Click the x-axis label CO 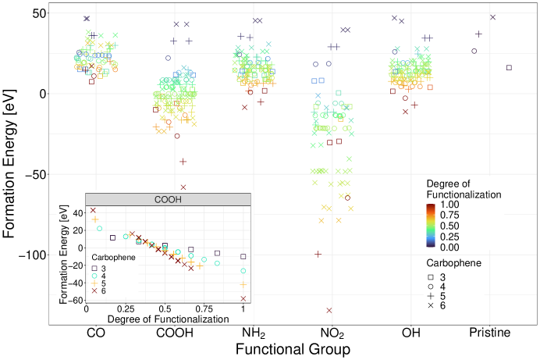[x=97, y=333]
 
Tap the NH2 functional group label [x=254, y=333]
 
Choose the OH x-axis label [x=411, y=333]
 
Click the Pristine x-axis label [x=490, y=333]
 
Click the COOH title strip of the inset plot [x=168, y=199]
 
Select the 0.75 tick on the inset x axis [x=204, y=309]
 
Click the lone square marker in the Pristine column [x=509, y=68]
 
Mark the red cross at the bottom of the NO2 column [x=329, y=311]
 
